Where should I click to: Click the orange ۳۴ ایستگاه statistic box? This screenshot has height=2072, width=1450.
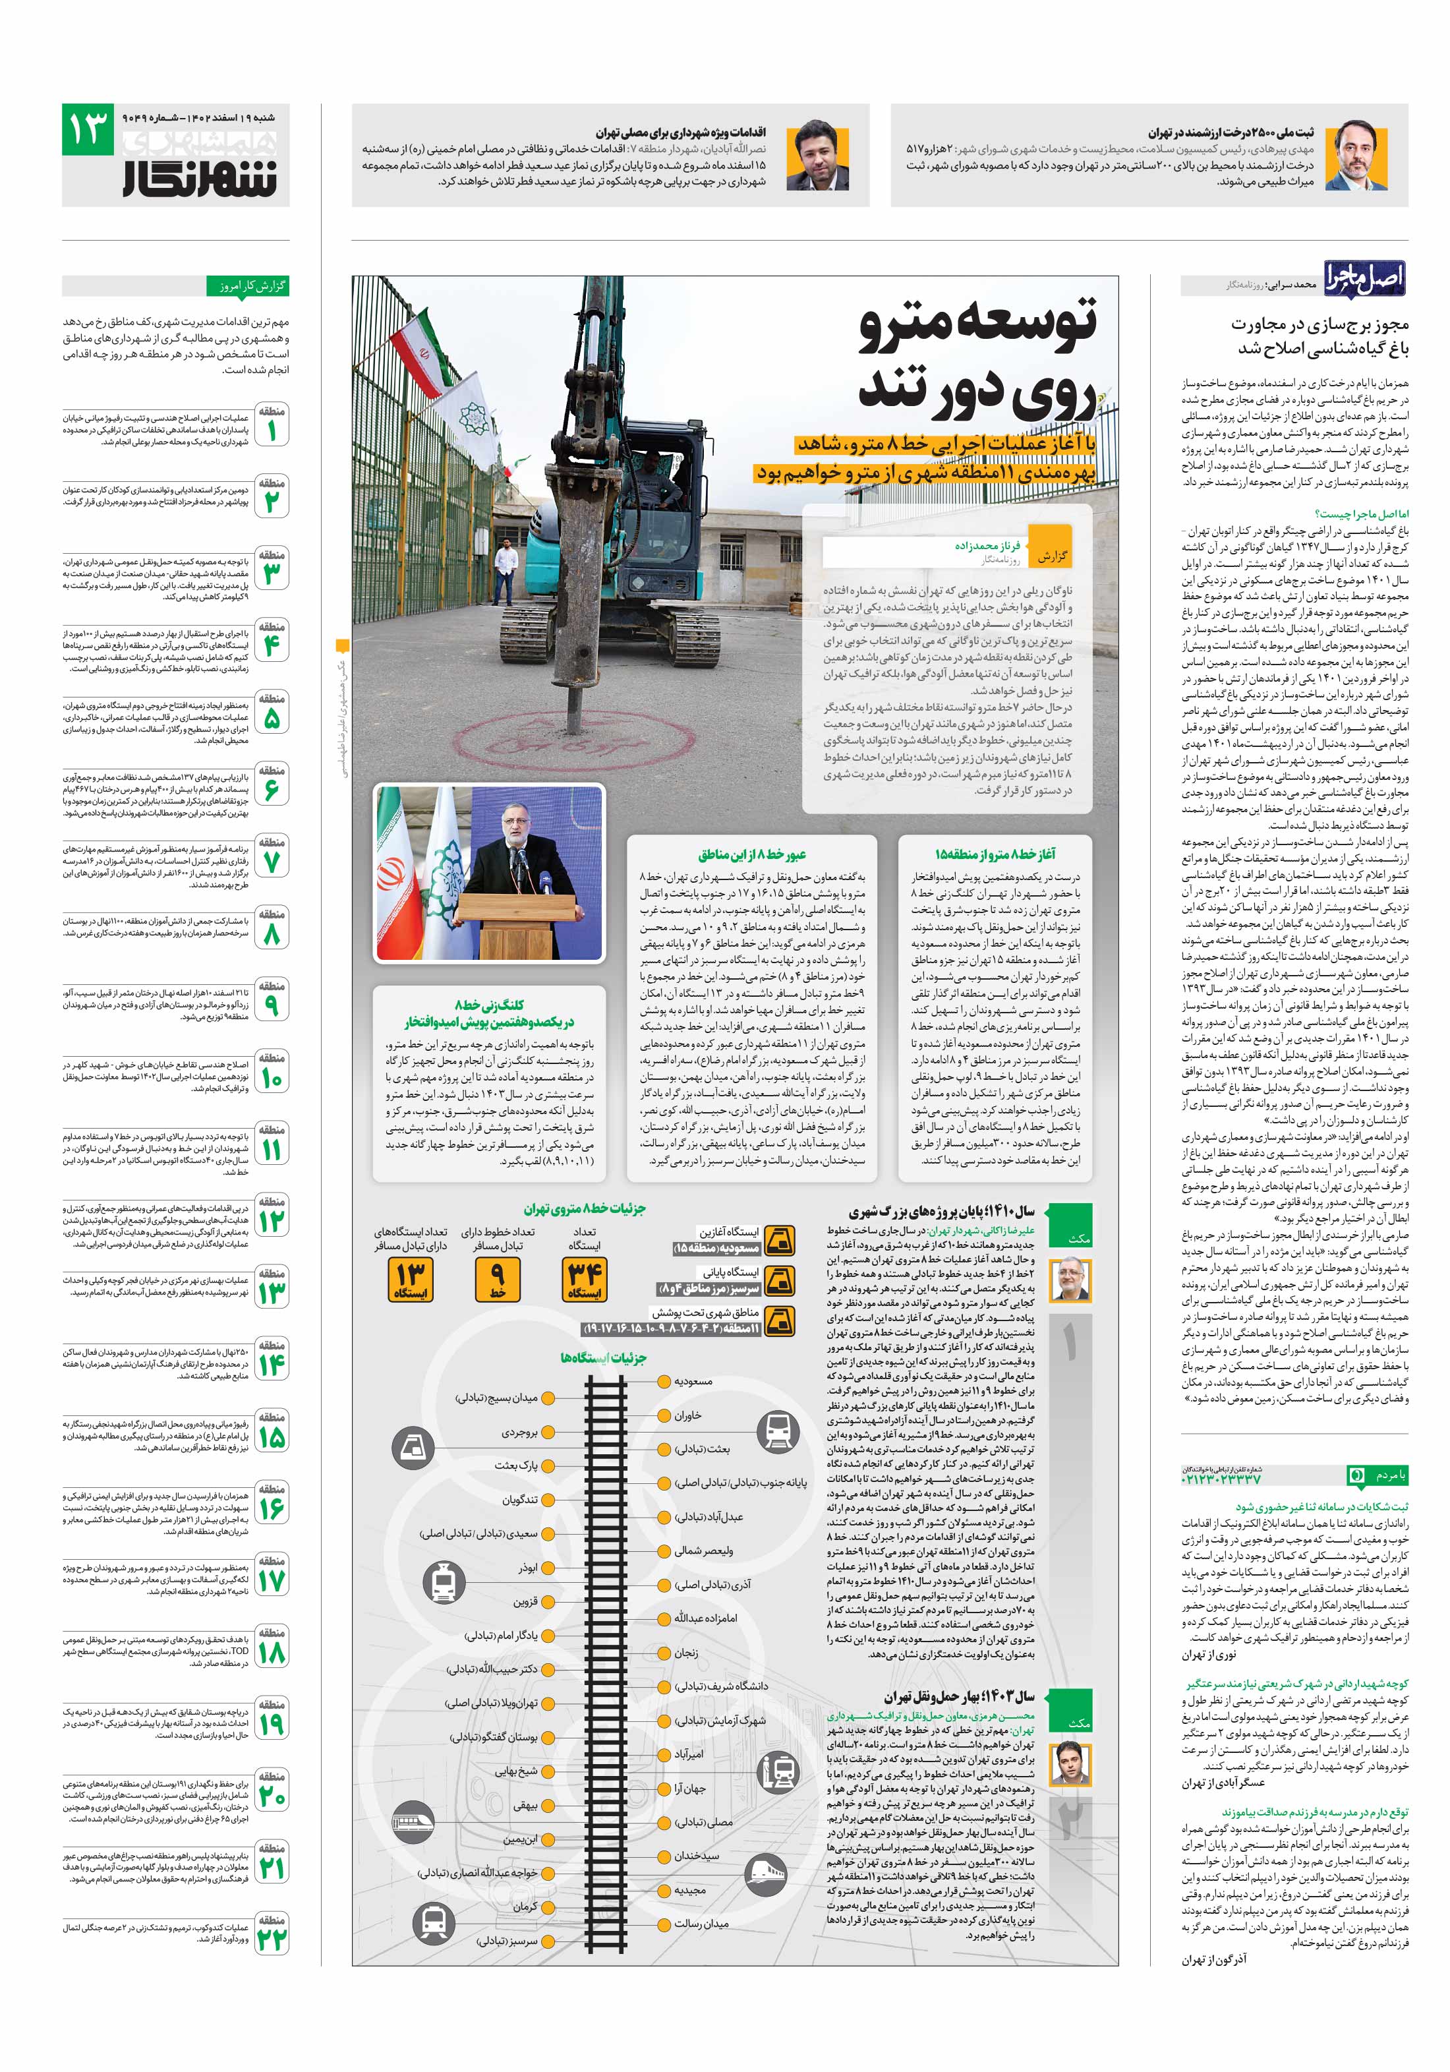click(x=584, y=1280)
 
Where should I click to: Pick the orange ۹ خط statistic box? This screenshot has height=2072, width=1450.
click(x=497, y=1280)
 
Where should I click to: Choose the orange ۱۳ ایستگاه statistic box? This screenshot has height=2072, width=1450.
click(x=410, y=1280)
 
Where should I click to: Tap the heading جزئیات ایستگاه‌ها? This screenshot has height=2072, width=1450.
click(x=602, y=1357)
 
